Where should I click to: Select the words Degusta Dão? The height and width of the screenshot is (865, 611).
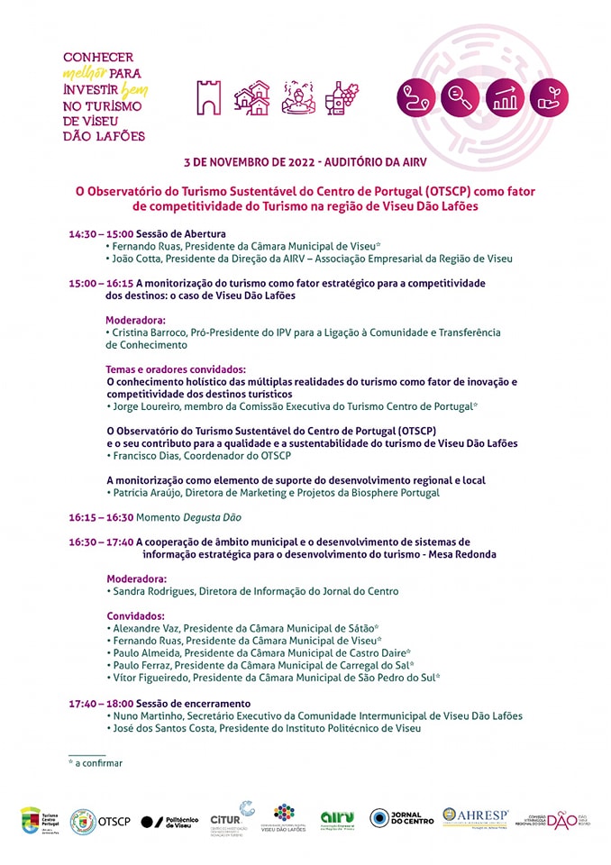[x=212, y=517]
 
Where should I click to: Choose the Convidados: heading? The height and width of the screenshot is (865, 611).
[x=135, y=615]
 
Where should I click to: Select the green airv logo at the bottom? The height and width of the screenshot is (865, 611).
[x=337, y=818]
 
